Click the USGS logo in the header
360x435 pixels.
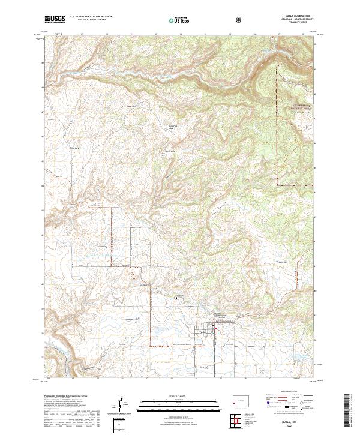56,20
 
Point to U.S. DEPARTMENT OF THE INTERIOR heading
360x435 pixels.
91,18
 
